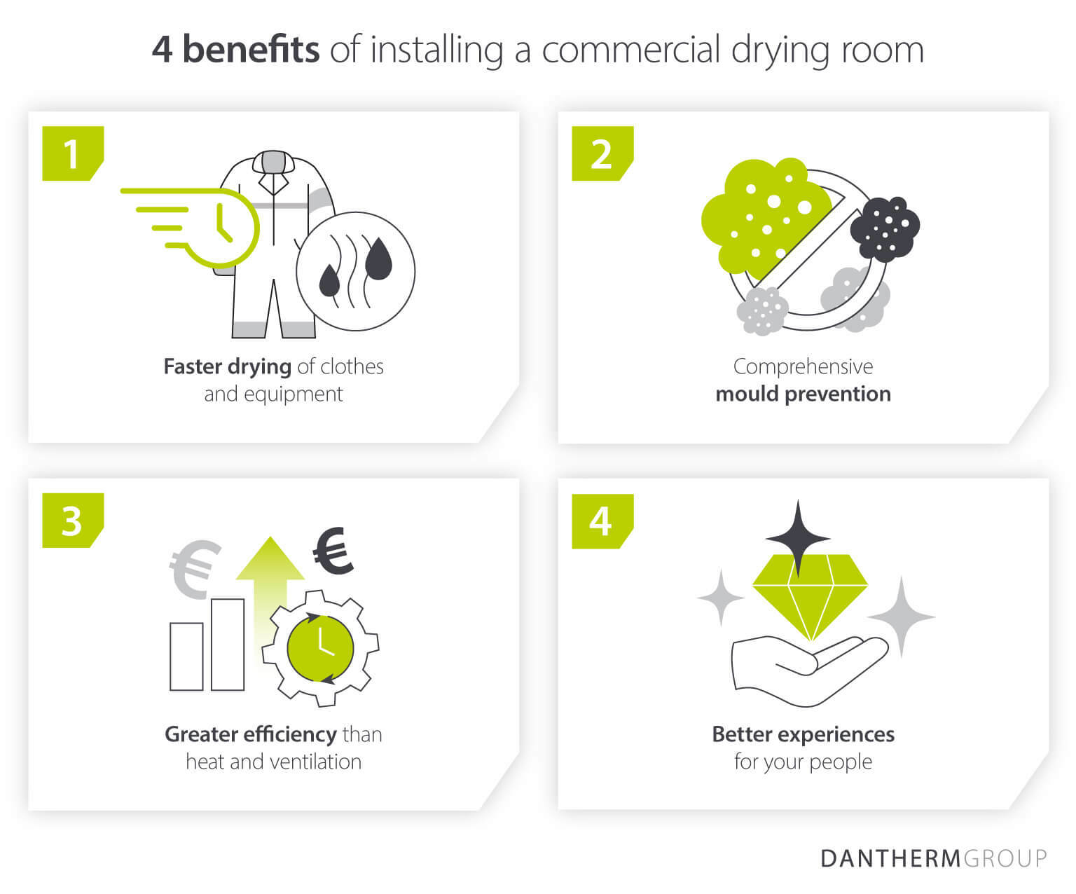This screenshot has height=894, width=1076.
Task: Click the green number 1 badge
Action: [x=72, y=153]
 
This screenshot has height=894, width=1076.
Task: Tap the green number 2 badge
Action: [x=602, y=153]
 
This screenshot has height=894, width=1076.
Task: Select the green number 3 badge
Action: [x=72, y=521]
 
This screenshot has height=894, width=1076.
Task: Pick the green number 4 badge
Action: [x=602, y=521]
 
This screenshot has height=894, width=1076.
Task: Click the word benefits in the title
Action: [x=251, y=50]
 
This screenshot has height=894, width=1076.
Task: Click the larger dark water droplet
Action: [x=378, y=258]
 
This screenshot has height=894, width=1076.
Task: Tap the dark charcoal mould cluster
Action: [x=885, y=226]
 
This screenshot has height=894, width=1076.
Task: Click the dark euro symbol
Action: [x=333, y=551]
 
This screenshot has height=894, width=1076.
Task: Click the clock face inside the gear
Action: [x=321, y=646]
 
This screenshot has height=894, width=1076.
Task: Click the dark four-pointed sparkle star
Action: [x=797, y=538]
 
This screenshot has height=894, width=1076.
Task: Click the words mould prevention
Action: [x=803, y=394]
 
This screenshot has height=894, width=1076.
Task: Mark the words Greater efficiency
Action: [x=250, y=734]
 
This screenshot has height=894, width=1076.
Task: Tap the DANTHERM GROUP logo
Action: [x=933, y=858]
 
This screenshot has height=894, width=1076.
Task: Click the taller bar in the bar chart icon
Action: [x=228, y=645]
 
